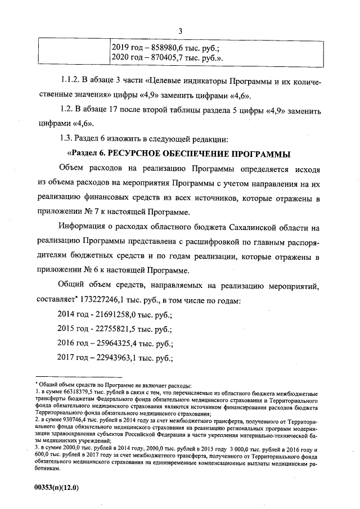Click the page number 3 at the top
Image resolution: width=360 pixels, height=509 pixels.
coord(180,30)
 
